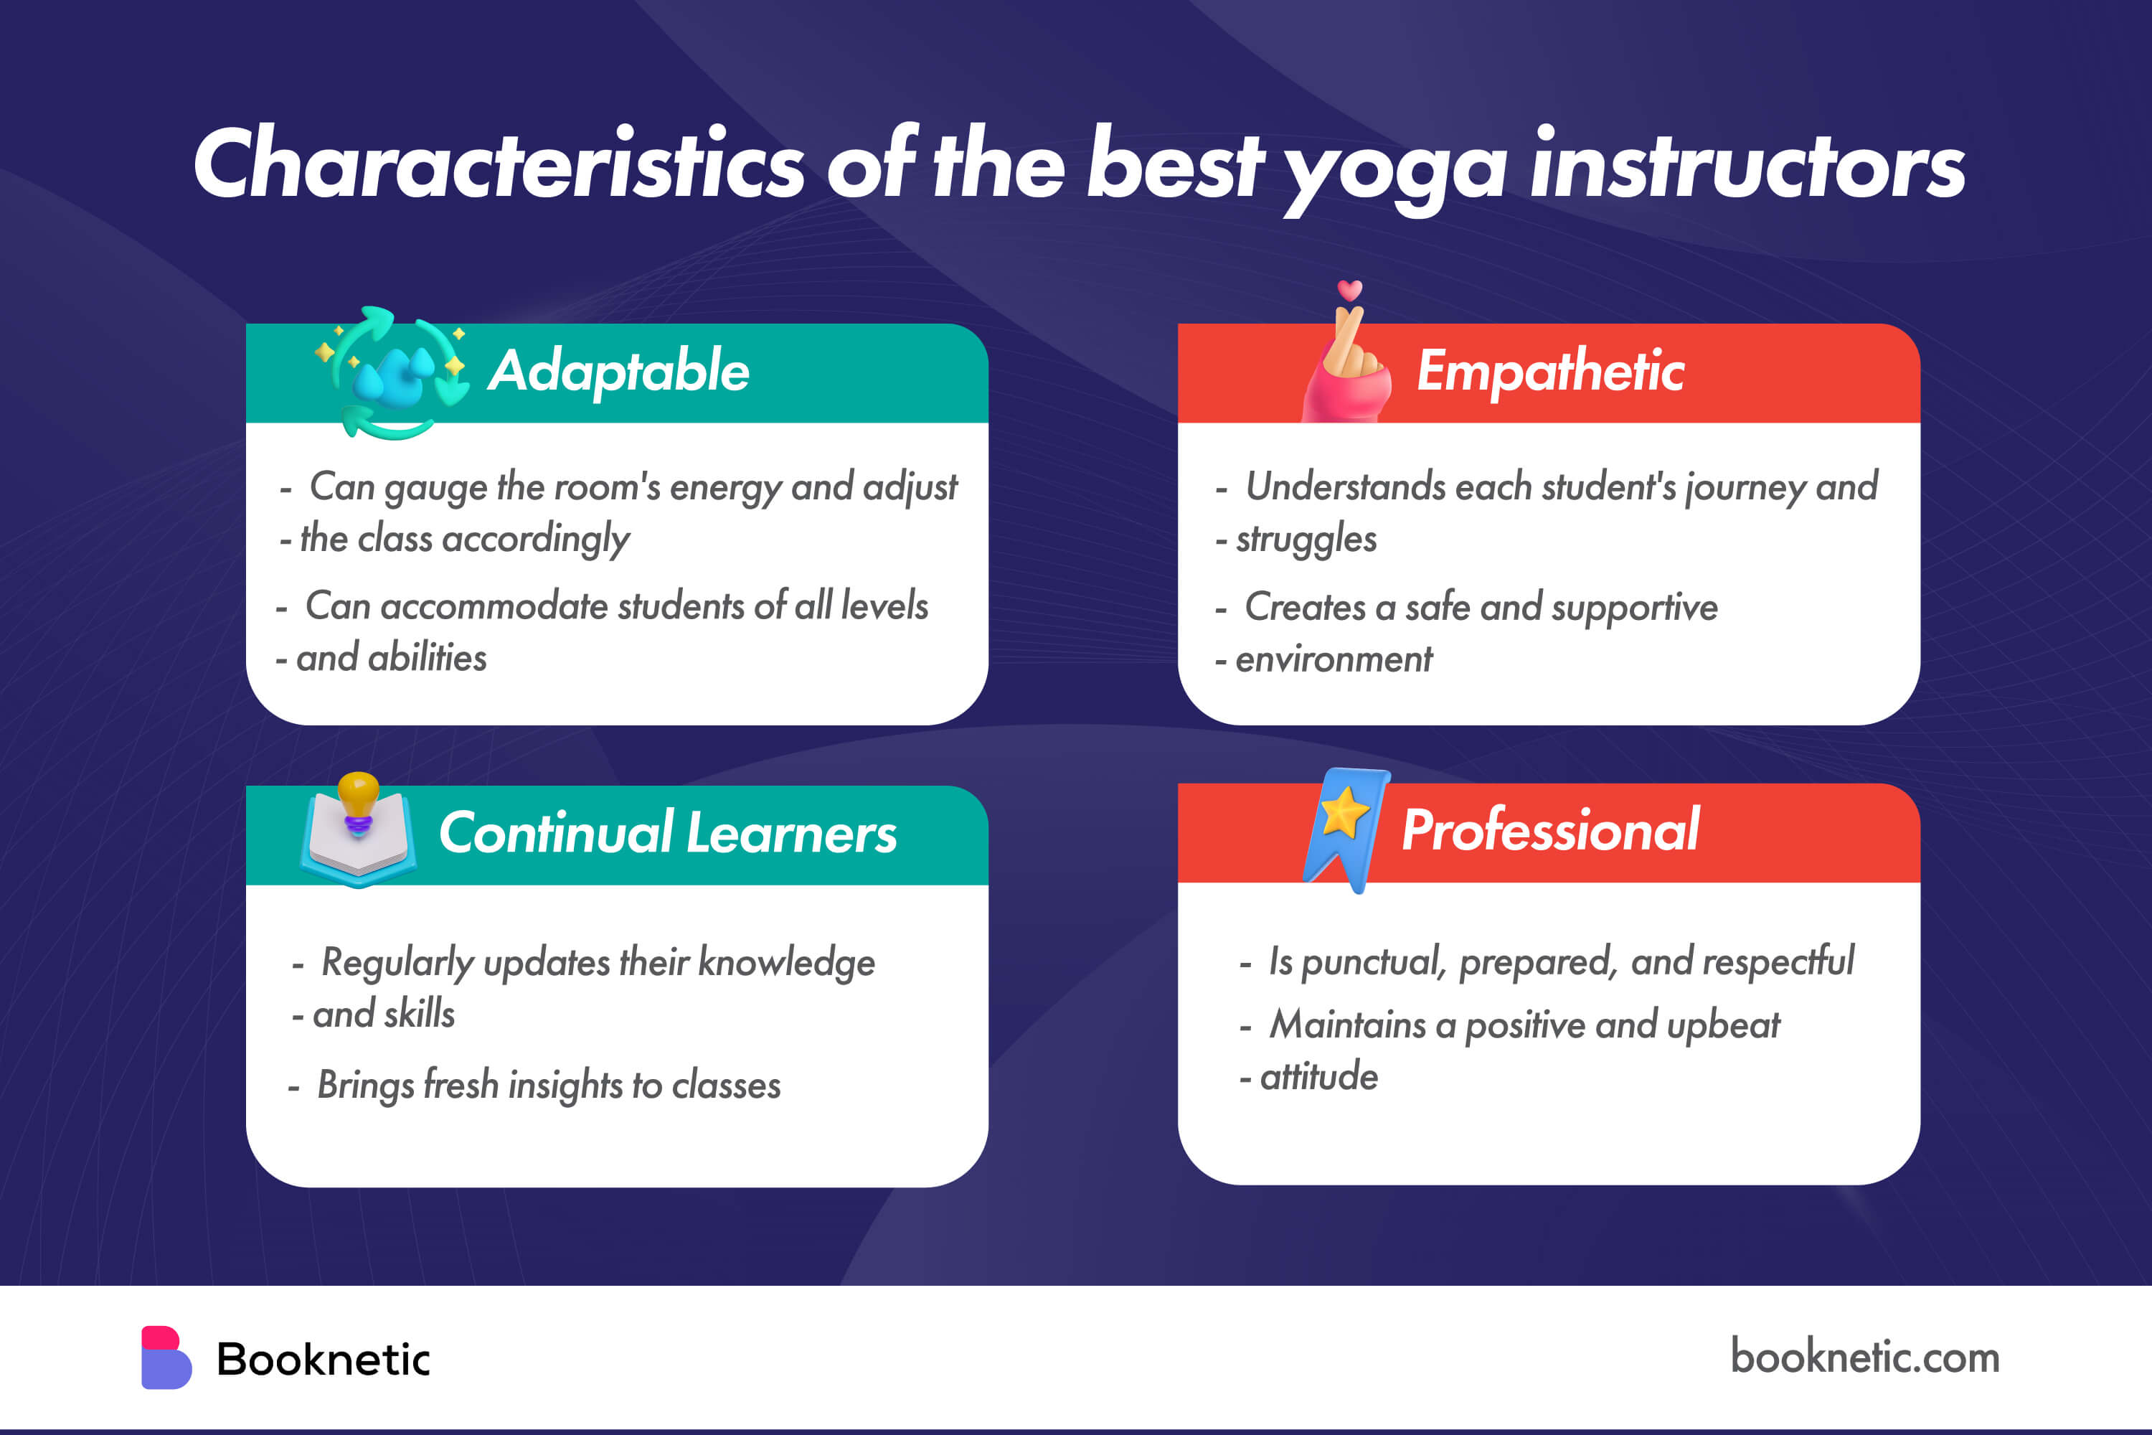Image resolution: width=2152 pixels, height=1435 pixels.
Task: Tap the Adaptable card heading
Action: click(618, 371)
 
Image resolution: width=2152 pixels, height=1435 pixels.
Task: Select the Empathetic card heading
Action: click(1550, 371)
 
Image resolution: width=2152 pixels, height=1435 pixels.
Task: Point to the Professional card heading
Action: click(1550, 830)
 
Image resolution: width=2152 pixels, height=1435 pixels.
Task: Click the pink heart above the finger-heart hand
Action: click(1349, 290)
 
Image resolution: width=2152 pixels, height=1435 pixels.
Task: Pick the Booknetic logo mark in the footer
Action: click(166, 1358)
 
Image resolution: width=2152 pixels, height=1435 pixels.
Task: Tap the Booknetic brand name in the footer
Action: click(323, 1359)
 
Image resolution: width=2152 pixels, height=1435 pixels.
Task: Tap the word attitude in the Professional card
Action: click(1318, 1076)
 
